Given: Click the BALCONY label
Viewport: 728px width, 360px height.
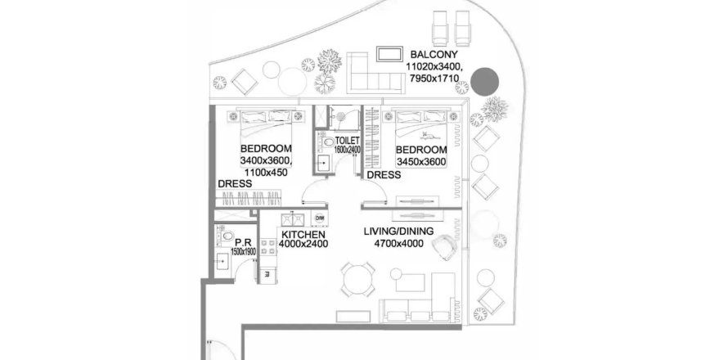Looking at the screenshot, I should pos(434,55).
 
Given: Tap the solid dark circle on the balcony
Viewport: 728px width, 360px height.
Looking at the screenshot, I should pos(487,80).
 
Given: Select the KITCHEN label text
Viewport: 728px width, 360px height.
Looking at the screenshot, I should pos(304,234).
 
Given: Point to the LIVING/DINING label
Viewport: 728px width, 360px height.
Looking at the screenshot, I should pos(398,232).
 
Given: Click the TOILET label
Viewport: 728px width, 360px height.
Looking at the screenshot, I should pos(348,141).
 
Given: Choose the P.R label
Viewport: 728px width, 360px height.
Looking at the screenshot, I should pos(242,242).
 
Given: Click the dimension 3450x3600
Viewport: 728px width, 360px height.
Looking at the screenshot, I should pos(421,162).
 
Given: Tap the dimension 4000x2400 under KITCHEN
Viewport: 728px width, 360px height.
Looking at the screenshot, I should pos(304,244).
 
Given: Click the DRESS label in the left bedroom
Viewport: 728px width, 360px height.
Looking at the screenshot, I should pos(234,184).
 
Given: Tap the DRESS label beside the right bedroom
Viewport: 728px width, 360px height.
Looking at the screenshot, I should pos(383,175).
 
